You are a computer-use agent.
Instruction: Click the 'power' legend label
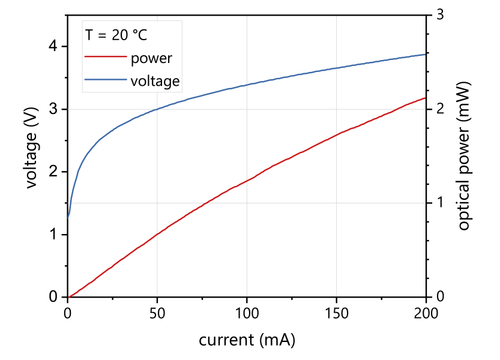click(151, 58)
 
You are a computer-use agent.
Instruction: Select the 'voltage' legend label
click(155, 80)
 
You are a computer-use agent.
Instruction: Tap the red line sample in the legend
click(106, 58)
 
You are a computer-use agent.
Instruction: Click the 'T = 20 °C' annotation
click(116, 35)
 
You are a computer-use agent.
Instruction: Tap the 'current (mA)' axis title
click(247, 340)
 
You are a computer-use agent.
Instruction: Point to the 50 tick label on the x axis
click(157, 312)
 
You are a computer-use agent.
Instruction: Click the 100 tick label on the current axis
click(247, 312)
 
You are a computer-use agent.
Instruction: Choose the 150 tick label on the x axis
click(336, 312)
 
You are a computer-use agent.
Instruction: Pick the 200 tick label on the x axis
click(426, 312)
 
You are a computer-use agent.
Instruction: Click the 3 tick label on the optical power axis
click(439, 15)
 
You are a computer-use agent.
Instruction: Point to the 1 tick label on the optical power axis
click(439, 203)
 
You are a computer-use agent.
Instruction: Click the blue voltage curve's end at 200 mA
click(426, 54)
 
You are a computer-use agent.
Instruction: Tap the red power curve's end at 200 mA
click(426, 97)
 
